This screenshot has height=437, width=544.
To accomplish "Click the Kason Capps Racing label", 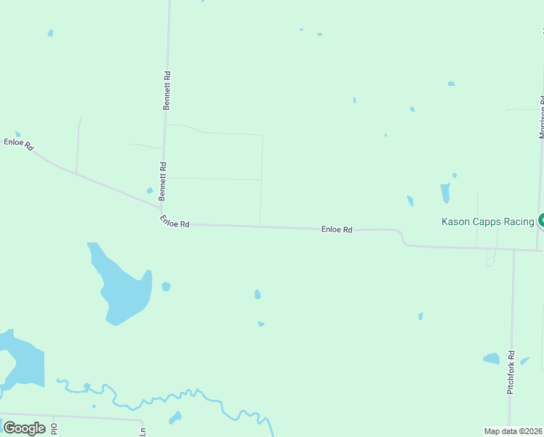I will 488,221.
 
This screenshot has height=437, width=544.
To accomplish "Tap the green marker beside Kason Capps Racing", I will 541,221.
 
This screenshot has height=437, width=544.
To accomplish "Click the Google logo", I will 24,428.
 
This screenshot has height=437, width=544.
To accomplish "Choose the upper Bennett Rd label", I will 167,90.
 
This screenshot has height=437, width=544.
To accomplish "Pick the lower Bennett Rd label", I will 164,181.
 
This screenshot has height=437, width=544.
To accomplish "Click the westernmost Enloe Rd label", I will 19,143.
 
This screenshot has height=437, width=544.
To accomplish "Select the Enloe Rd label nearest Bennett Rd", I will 175,221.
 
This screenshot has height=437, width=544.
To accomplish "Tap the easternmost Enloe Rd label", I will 337,229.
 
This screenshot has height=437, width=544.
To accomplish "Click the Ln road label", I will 143,432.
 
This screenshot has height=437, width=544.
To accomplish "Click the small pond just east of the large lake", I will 166,286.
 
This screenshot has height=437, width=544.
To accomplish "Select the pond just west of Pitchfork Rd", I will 492,358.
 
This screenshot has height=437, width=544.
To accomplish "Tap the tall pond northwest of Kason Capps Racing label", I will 445,193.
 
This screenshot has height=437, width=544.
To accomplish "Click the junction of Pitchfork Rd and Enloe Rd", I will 513,250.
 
